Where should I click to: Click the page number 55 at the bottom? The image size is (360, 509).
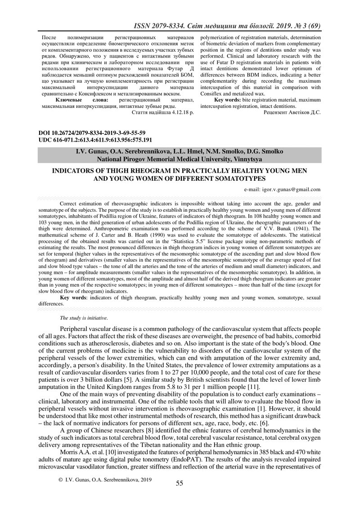click(180, 483)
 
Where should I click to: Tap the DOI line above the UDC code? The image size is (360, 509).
click(92, 133)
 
